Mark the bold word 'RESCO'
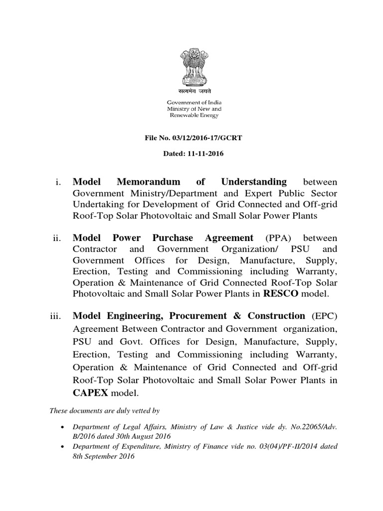[x=280, y=294]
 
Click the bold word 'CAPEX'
[x=90, y=394]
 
